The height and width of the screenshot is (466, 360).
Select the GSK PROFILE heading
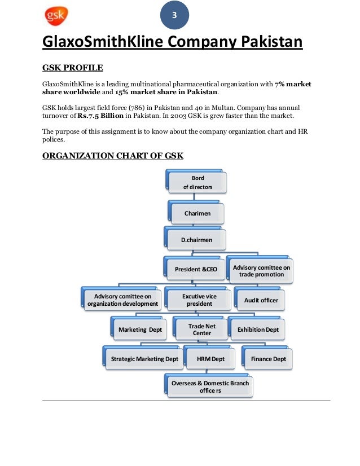(73, 68)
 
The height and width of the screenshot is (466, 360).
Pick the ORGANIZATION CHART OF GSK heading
(113, 155)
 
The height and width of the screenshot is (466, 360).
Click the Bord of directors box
(197, 182)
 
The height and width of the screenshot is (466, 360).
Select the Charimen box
(197, 214)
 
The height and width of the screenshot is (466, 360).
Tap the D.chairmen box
(197, 240)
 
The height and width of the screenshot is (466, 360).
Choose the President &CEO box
(196, 269)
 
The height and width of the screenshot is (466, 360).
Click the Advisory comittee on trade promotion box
(262, 271)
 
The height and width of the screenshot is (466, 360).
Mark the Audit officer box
(261, 300)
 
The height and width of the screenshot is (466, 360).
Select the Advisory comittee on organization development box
(122, 300)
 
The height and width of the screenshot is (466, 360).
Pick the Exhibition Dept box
(257, 329)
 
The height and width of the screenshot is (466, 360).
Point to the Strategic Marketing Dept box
(144, 359)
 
